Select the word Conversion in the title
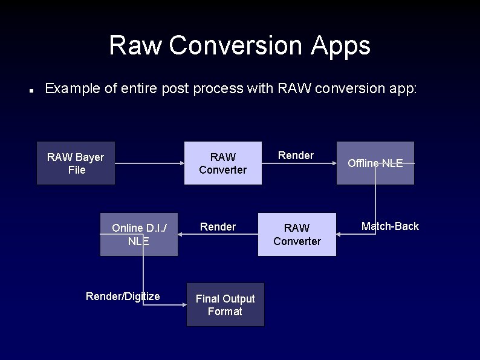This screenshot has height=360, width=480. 233,45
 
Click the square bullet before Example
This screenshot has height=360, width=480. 30,90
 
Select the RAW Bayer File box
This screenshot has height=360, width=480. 76,163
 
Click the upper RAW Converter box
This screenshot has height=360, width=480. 222,163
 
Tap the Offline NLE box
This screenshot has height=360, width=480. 375,163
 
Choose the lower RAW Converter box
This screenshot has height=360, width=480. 297,234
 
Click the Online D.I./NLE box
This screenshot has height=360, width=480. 138,234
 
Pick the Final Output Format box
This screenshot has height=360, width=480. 225,305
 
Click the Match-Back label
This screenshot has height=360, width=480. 390,226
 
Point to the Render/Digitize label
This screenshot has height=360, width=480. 123,296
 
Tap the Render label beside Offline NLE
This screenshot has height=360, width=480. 296,155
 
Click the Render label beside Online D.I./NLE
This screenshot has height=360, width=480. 218,227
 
